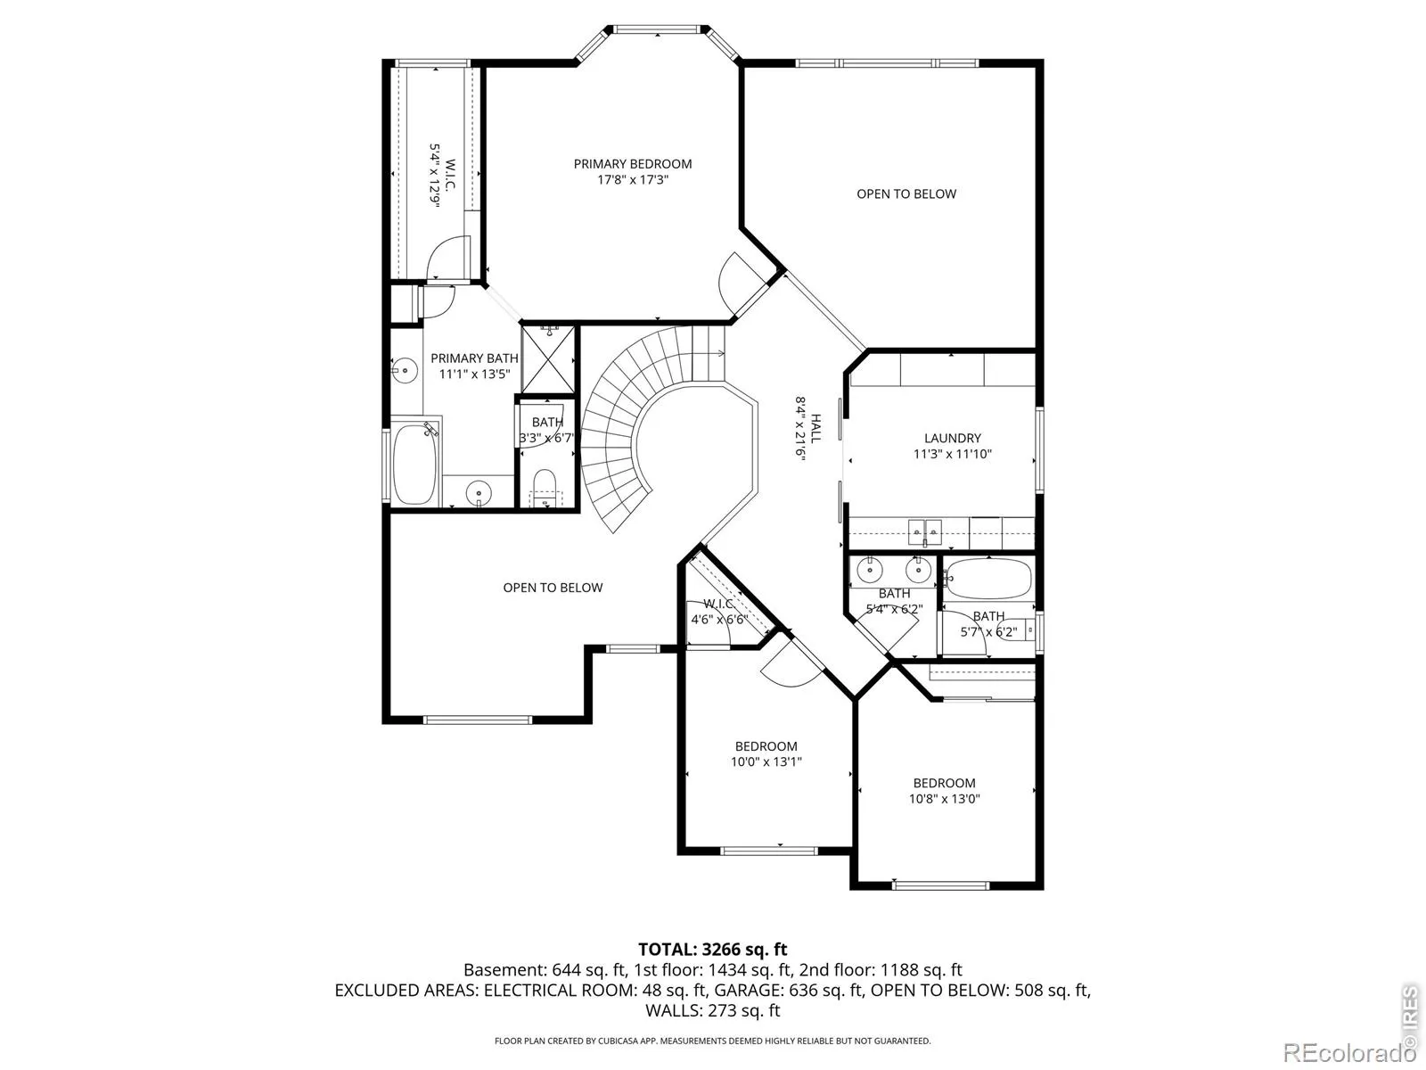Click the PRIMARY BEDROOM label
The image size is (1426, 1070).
(632, 164)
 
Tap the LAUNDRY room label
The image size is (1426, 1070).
(953, 439)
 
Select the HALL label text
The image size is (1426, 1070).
(816, 428)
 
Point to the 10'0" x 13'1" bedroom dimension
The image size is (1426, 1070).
(766, 762)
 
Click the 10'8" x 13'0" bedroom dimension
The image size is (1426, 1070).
(944, 799)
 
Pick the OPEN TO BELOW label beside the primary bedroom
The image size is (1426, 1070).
(906, 194)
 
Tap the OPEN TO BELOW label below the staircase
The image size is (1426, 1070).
(553, 588)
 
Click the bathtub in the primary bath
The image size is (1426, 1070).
(414, 463)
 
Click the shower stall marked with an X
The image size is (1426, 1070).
(548, 359)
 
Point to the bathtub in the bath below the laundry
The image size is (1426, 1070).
(988, 578)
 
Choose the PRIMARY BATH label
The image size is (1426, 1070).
(474, 358)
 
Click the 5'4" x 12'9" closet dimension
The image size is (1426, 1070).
(435, 176)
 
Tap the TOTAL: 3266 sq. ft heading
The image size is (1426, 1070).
(713, 950)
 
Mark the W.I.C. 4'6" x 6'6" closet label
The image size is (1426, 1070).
(719, 612)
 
